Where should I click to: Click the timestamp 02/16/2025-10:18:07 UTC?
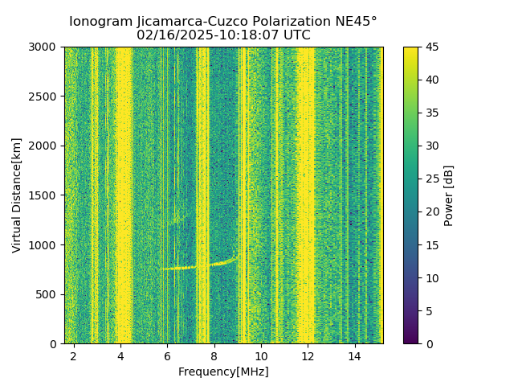pyautogui.click(x=223, y=35)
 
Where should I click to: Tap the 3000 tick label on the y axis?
pyautogui.click(x=46, y=47)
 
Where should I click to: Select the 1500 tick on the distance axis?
pyautogui.click(x=46, y=195)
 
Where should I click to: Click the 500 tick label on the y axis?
pyautogui.click(x=49, y=294)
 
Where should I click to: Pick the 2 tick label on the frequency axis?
pyautogui.click(x=74, y=355)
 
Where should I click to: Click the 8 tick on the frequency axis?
pyautogui.click(x=214, y=355)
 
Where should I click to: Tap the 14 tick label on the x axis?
pyautogui.click(x=355, y=355)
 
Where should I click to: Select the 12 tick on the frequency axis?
pyautogui.click(x=308, y=355)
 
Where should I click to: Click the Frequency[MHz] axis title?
pyautogui.click(x=223, y=372)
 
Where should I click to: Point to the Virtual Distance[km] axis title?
pyautogui.click(x=17, y=195)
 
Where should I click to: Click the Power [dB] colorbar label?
pyautogui.click(x=449, y=195)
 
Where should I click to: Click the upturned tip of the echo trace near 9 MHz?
pyautogui.click(x=235, y=257)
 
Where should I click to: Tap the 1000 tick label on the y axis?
pyautogui.click(x=46, y=244)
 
